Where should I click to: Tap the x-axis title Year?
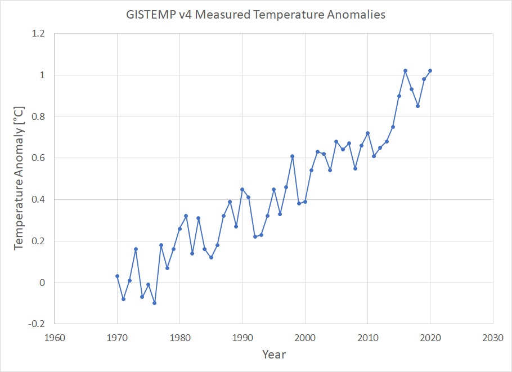click(273, 355)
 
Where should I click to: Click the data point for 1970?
click(117, 276)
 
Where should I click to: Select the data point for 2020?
click(430, 71)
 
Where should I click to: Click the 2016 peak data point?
click(405, 71)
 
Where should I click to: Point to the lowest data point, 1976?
click(155, 303)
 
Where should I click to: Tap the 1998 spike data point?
click(293, 156)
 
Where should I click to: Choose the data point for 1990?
click(242, 189)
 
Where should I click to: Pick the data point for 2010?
click(367, 133)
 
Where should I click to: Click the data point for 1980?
click(179, 228)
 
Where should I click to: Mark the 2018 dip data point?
click(417, 106)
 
